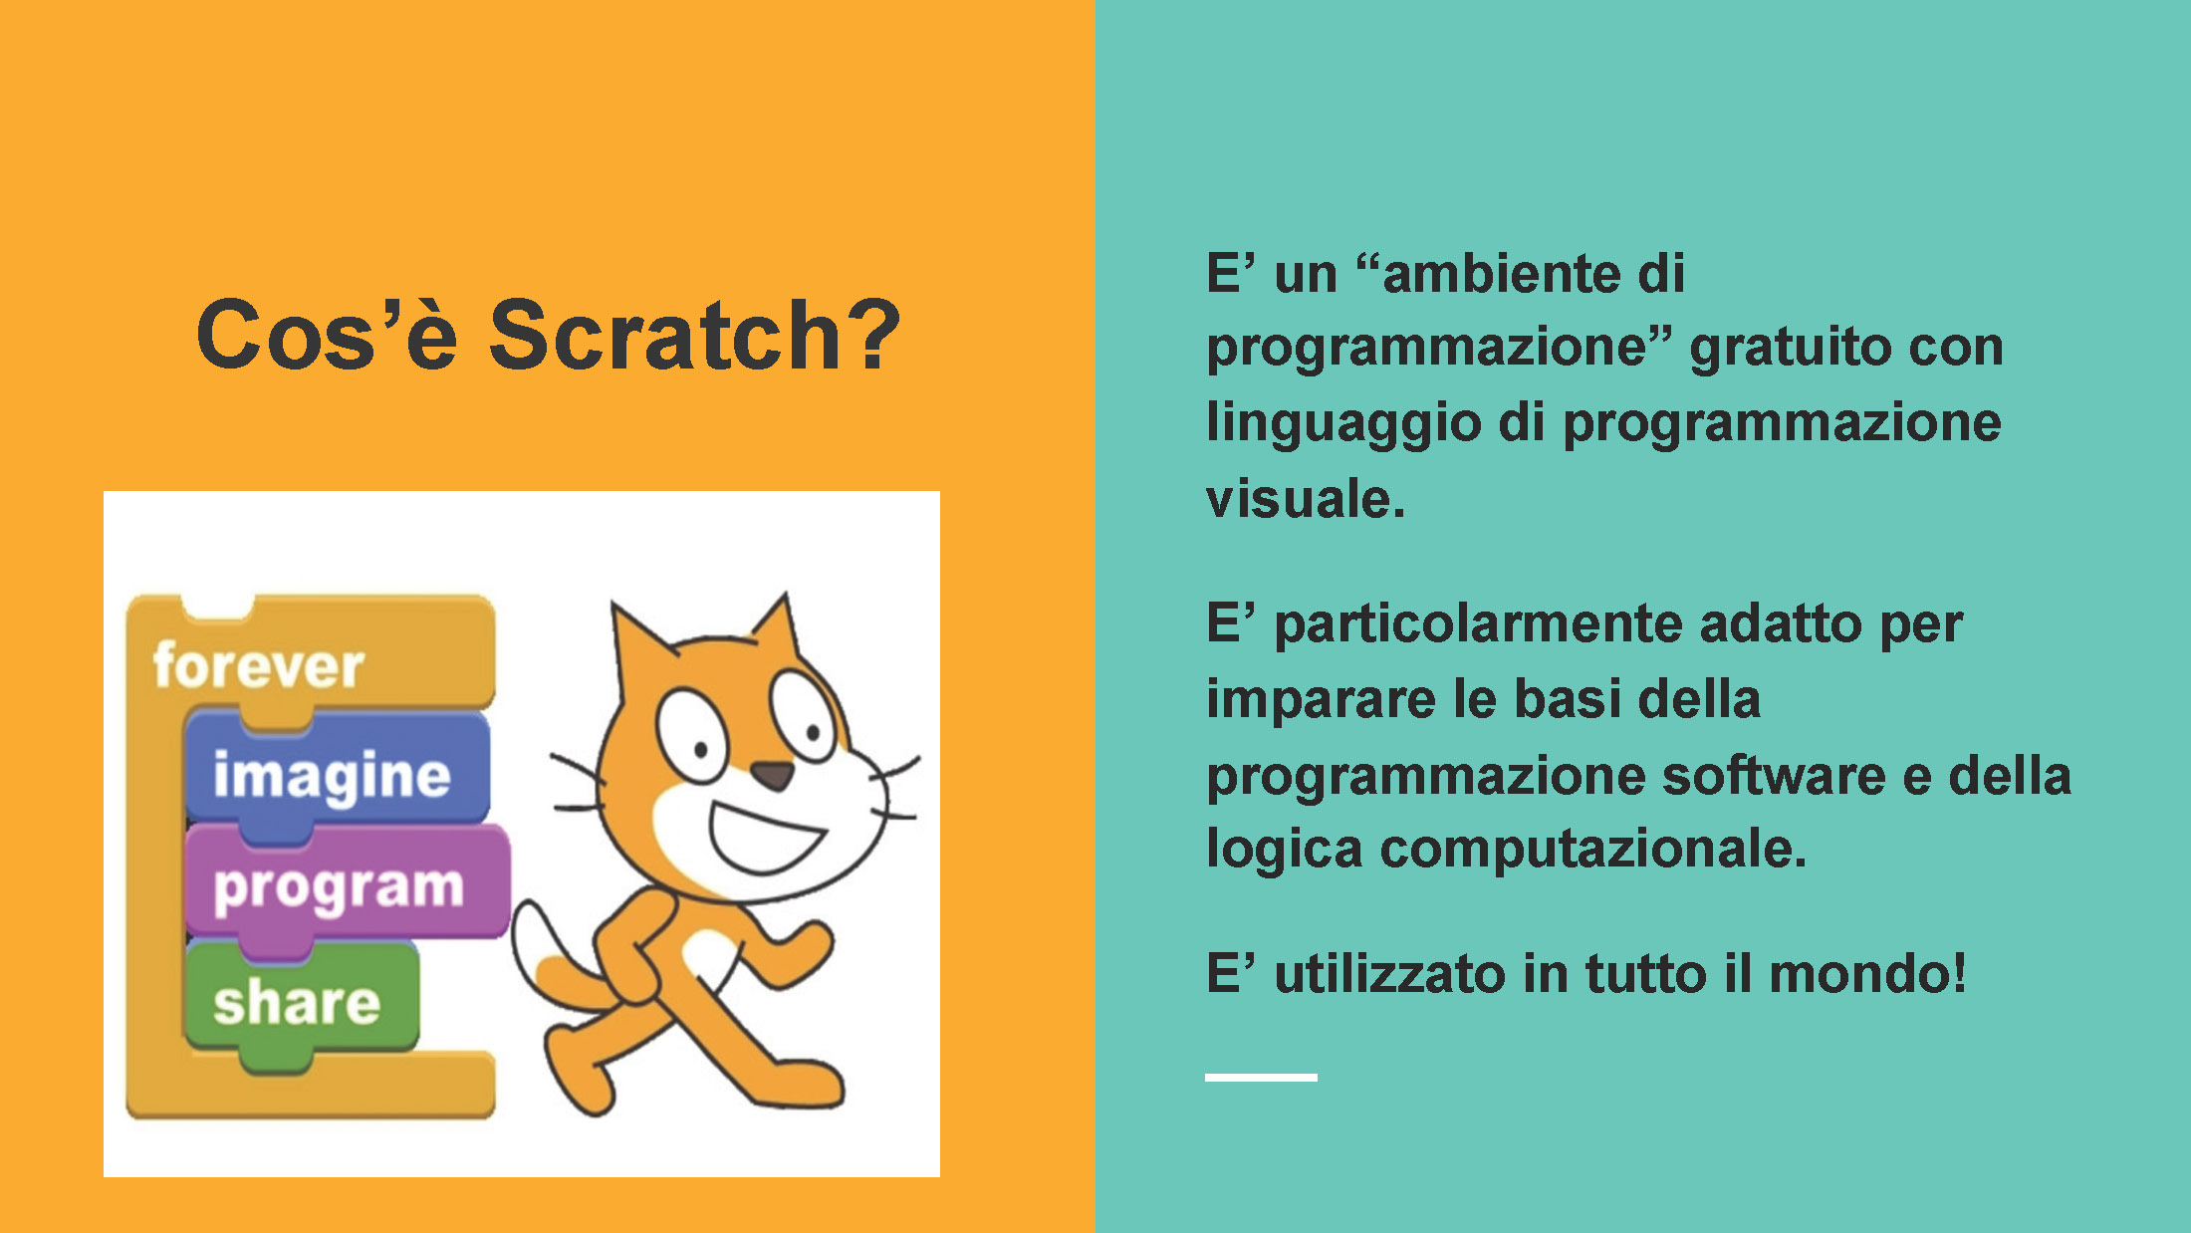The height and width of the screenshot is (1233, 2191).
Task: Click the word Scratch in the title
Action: point(665,335)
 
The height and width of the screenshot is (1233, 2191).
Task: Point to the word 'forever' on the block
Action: point(259,665)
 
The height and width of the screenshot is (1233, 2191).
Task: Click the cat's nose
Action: point(772,775)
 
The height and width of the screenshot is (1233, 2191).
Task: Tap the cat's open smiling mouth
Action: point(765,837)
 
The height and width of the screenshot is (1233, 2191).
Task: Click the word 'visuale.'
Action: point(1305,498)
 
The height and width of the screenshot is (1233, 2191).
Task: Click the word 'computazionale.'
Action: point(1592,852)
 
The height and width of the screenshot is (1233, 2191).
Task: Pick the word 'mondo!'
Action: point(1867,973)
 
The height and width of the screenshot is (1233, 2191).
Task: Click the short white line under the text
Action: point(1261,1078)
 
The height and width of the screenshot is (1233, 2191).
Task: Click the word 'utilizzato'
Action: point(1389,973)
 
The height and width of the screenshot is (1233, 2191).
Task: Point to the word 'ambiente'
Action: point(1503,273)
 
